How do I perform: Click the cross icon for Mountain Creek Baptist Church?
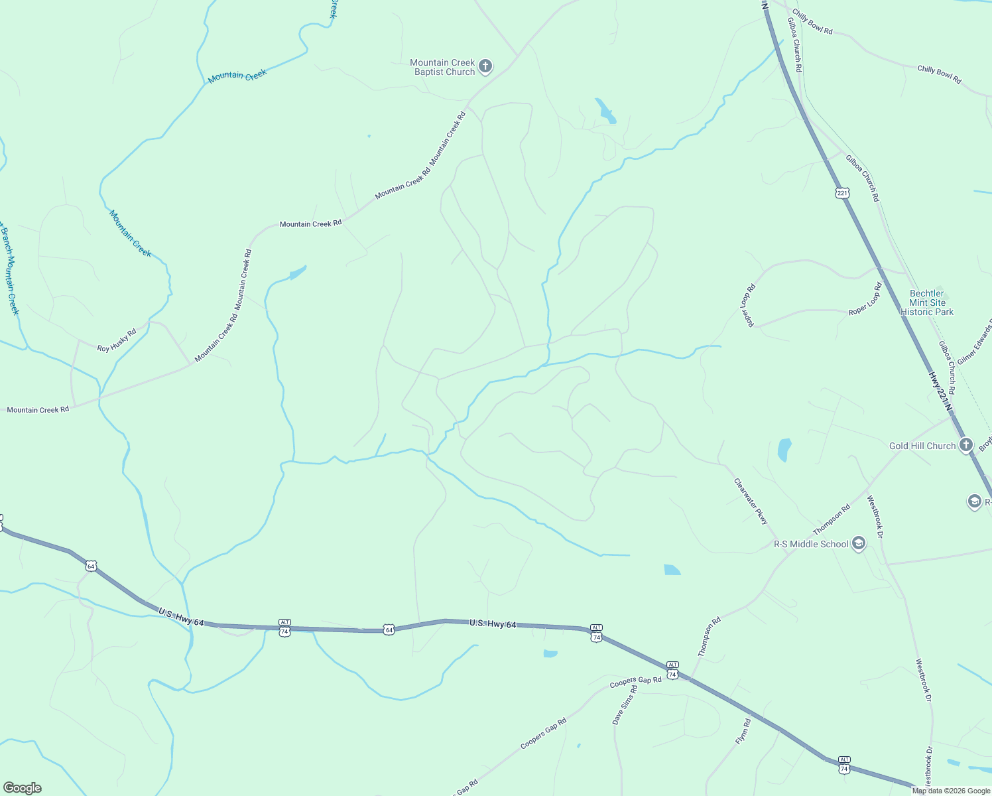(x=485, y=66)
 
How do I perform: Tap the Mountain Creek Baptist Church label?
(x=442, y=68)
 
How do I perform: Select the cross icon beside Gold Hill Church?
(x=966, y=445)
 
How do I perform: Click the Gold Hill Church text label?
(x=922, y=446)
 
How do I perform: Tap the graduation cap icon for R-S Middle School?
(x=859, y=544)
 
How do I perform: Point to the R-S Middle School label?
(x=811, y=545)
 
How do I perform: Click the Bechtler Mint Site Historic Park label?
(x=926, y=302)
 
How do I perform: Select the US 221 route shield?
(x=842, y=193)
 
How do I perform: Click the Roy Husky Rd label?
(x=117, y=340)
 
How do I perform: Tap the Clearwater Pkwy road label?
(x=751, y=501)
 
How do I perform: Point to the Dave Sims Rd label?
(x=625, y=705)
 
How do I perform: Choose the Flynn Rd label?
(x=743, y=731)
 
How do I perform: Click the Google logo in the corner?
(x=23, y=788)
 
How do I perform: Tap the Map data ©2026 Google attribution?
(x=951, y=791)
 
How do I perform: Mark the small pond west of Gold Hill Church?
(x=784, y=450)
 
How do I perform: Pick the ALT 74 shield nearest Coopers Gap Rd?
(x=672, y=669)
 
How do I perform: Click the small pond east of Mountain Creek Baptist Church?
(x=605, y=111)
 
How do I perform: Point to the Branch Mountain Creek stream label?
(x=9, y=272)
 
